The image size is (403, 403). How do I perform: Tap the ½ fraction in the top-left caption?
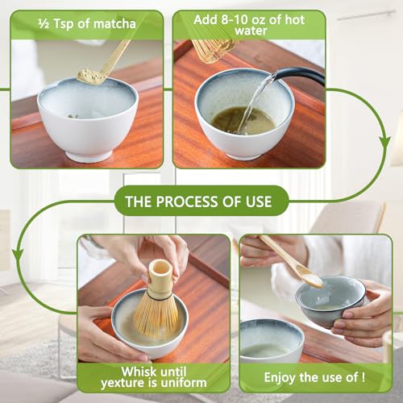pyautogui.click(x=42, y=23)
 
